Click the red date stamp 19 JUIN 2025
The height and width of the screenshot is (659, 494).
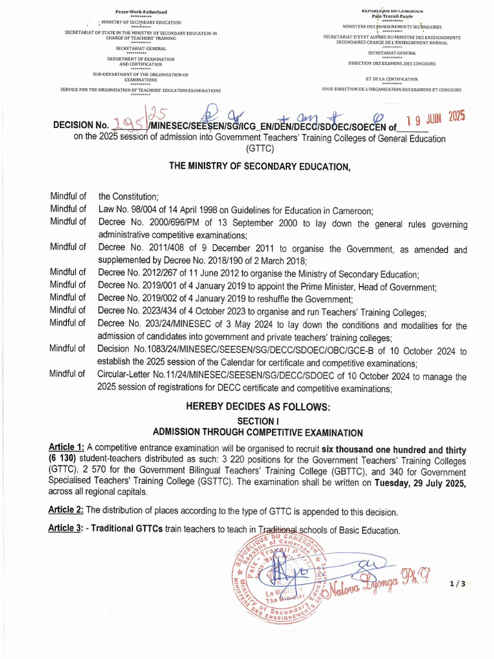point(435,118)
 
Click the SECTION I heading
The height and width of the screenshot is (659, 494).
point(257,420)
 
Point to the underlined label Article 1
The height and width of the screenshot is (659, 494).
point(66,448)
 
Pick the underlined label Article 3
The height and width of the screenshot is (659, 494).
point(66,530)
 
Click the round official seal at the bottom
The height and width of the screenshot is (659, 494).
point(278,580)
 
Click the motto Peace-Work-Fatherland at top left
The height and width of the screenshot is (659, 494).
point(140,12)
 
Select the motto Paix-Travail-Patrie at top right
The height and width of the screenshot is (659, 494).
point(391,15)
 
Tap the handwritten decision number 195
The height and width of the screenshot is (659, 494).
point(126,124)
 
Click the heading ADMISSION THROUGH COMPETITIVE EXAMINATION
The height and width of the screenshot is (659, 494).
point(257,432)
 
